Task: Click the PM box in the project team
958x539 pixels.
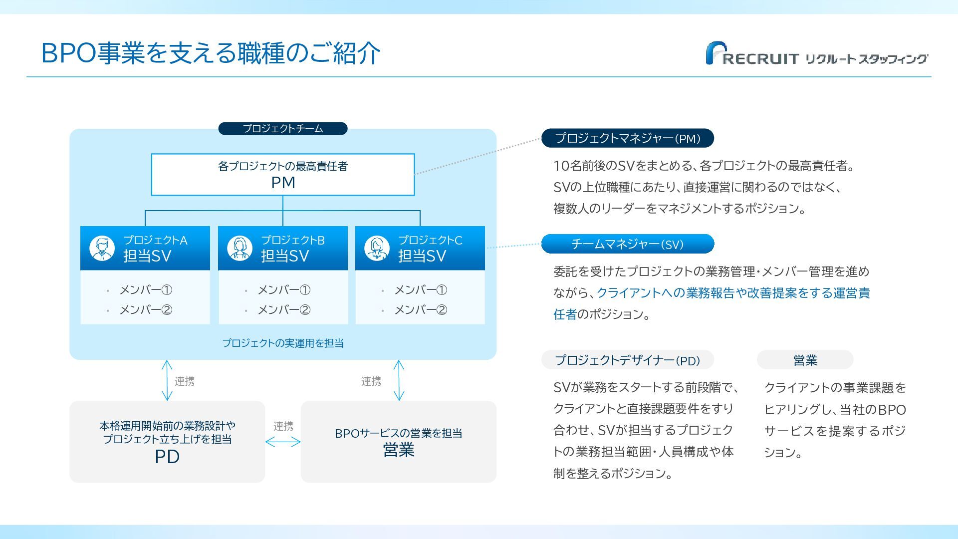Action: [x=283, y=175]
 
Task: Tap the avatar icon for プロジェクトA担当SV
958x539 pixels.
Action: [x=102, y=248]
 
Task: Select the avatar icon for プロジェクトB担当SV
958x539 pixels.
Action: [x=239, y=248]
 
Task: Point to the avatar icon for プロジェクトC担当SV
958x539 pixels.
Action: [x=377, y=248]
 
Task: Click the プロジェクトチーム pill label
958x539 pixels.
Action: [x=283, y=129]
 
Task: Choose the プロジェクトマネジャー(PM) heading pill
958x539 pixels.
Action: [x=628, y=138]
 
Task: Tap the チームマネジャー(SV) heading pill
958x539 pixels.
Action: [x=628, y=244]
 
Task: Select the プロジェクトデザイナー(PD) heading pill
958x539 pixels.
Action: [x=628, y=360]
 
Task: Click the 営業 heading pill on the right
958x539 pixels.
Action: [x=805, y=360]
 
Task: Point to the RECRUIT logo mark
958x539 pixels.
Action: [x=717, y=53]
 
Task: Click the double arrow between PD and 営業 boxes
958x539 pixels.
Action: [x=283, y=442]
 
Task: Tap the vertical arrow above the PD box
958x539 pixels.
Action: [x=167, y=380]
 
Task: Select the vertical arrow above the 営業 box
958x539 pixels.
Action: [x=399, y=380]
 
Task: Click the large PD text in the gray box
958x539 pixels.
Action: [x=167, y=457]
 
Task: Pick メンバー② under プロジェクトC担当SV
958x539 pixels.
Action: [x=421, y=310]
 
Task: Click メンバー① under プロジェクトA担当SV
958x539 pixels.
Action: [x=146, y=290]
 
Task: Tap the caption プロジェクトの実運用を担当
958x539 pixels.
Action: [x=283, y=343]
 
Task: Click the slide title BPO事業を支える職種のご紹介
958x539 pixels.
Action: [x=211, y=53]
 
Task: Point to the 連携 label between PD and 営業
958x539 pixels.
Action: [x=283, y=426]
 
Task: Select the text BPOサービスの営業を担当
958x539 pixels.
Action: [x=398, y=433]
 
